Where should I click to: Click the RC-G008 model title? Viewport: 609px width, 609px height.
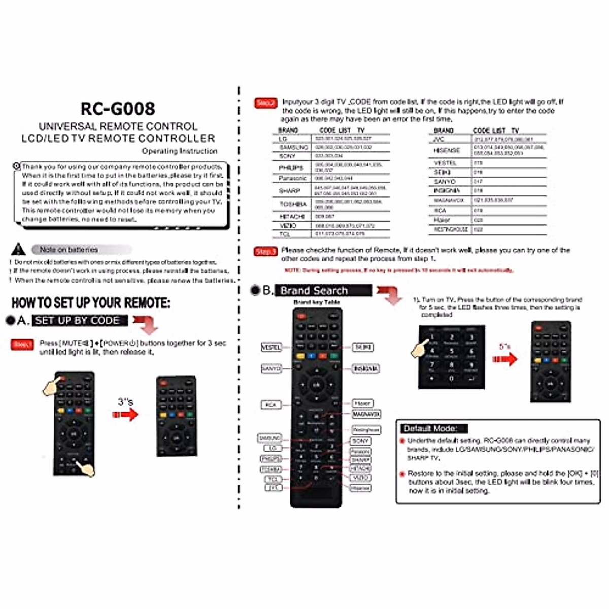click(118, 109)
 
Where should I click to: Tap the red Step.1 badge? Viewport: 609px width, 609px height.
click(22, 345)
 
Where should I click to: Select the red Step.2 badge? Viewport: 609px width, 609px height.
click(265, 103)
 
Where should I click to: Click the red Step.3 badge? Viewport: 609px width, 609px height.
click(265, 251)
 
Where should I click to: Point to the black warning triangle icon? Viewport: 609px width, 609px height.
click(18, 249)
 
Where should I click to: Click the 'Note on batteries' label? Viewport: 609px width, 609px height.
click(69, 250)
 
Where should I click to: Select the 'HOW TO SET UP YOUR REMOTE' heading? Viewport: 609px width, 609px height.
click(91, 303)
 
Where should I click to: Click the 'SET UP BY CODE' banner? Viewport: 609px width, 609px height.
click(77, 321)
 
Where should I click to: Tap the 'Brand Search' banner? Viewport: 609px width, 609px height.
click(314, 291)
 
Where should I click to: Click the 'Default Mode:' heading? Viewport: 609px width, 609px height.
click(430, 428)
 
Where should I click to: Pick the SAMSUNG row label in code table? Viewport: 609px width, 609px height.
click(293, 147)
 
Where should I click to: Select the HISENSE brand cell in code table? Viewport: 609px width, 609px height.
click(446, 150)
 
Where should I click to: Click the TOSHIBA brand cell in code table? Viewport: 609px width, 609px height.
click(293, 204)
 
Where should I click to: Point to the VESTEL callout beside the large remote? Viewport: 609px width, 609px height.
click(270, 348)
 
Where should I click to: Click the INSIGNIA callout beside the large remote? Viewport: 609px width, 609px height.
click(365, 368)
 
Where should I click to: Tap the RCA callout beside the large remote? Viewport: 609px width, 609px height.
click(270, 404)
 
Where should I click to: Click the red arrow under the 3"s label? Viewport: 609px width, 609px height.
click(125, 415)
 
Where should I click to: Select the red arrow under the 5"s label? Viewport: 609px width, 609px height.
click(505, 359)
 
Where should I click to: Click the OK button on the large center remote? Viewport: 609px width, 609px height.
click(316, 385)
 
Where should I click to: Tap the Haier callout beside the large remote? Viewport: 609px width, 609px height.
click(362, 403)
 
